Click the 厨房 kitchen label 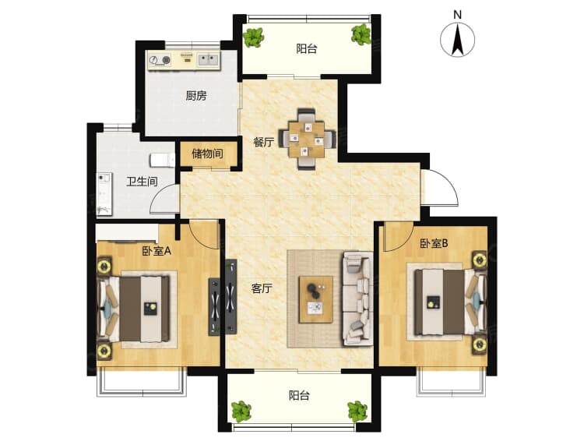pyautogui.click(x=196, y=96)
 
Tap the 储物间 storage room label pyautogui.click(x=207, y=154)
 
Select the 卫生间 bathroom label pyautogui.click(x=142, y=182)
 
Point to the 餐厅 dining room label pyautogui.click(x=263, y=142)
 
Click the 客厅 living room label pyautogui.click(x=262, y=288)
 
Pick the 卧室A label pyautogui.click(x=157, y=251)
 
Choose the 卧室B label pyautogui.click(x=434, y=243)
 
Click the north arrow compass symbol pyautogui.click(x=457, y=40)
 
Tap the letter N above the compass pyautogui.click(x=458, y=15)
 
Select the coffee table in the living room pyautogui.click(x=316, y=299)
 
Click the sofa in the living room pyautogui.click(x=357, y=298)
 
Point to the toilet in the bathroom pyautogui.click(x=163, y=161)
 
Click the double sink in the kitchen pyautogui.click(x=208, y=60)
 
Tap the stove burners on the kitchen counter pyautogui.click(x=160, y=60)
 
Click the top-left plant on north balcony pyautogui.click(x=253, y=37)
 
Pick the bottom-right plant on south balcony pyautogui.click(x=357, y=412)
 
